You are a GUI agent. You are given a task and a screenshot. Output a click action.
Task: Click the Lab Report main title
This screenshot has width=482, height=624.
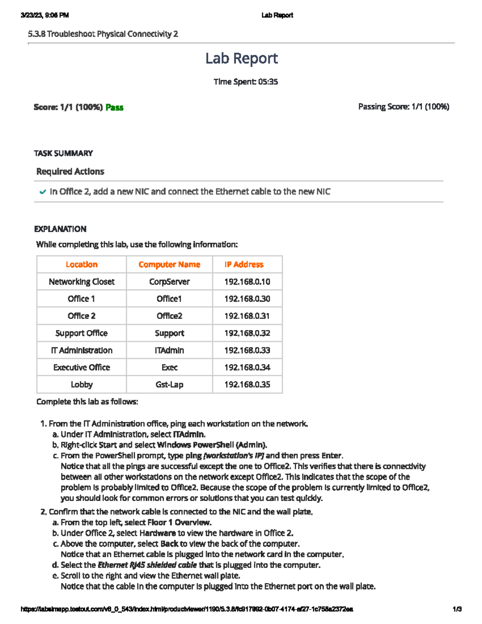click(x=241, y=59)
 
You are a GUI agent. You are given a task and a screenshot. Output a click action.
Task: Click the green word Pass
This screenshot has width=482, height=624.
click(x=114, y=107)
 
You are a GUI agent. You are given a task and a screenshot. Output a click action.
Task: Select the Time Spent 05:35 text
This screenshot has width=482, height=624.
click(x=245, y=82)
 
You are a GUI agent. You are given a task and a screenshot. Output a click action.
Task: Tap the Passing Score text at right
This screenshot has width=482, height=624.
click(x=403, y=106)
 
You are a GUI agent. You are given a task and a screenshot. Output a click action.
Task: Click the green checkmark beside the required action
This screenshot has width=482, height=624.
click(x=43, y=192)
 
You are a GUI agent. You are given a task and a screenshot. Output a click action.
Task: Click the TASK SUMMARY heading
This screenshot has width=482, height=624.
click(x=63, y=153)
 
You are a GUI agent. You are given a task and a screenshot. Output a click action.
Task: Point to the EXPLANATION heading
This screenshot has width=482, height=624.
click(x=60, y=229)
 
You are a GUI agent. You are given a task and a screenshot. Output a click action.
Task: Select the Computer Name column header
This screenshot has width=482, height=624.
click(x=169, y=264)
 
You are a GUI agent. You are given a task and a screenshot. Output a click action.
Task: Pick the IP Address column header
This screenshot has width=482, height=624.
click(x=244, y=264)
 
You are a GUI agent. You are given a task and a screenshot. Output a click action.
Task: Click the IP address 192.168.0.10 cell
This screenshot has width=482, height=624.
click(x=247, y=282)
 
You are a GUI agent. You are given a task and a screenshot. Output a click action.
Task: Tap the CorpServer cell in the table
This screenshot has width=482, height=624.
click(x=169, y=282)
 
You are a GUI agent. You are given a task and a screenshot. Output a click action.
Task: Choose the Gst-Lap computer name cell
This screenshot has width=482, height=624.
click(x=169, y=385)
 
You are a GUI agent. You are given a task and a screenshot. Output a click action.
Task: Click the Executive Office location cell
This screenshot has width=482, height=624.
click(x=82, y=367)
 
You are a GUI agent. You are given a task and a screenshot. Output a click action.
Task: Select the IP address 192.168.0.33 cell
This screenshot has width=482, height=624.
click(x=247, y=350)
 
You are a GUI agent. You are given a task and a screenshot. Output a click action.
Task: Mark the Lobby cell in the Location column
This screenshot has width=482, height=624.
click(x=82, y=385)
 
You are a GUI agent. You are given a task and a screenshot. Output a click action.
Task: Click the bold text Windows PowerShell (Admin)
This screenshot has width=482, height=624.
click(x=212, y=445)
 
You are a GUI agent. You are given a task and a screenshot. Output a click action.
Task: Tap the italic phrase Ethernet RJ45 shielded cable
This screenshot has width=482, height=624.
click(x=147, y=565)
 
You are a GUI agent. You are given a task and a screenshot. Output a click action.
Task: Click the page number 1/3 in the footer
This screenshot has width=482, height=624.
click(x=457, y=609)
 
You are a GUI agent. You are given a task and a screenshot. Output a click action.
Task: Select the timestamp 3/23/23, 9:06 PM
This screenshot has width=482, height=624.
click(x=45, y=15)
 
